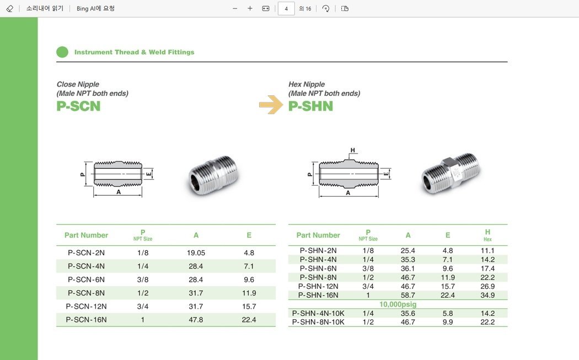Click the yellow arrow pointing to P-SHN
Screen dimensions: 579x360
pyautogui.click(x=271, y=105)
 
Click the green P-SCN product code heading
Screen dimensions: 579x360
pyautogui.click(x=78, y=106)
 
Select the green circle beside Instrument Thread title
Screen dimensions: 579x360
pyautogui.click(x=62, y=52)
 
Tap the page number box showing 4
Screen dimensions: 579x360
pyautogui.click(x=286, y=8)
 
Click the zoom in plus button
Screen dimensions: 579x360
pyautogui.click(x=250, y=8)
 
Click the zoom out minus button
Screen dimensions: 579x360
pyautogui.click(x=235, y=8)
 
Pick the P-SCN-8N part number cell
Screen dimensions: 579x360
pyautogui.click(x=86, y=293)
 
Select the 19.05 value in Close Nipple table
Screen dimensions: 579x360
pyautogui.click(x=196, y=253)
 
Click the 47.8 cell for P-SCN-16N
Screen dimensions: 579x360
pyautogui.click(x=196, y=320)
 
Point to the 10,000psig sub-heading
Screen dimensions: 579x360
pyautogui.click(x=398, y=304)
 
